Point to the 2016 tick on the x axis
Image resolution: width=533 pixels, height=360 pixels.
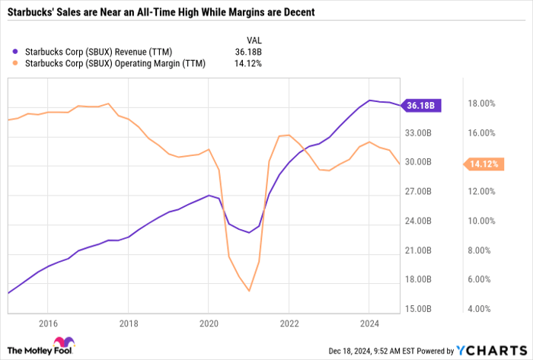47,322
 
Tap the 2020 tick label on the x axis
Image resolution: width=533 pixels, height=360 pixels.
208,322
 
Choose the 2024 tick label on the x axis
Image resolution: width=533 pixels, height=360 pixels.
369,322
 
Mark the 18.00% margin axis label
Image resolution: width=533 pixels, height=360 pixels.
481,104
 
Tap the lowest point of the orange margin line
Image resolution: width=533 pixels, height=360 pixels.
249,291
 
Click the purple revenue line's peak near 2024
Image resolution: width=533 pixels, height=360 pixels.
369,100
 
